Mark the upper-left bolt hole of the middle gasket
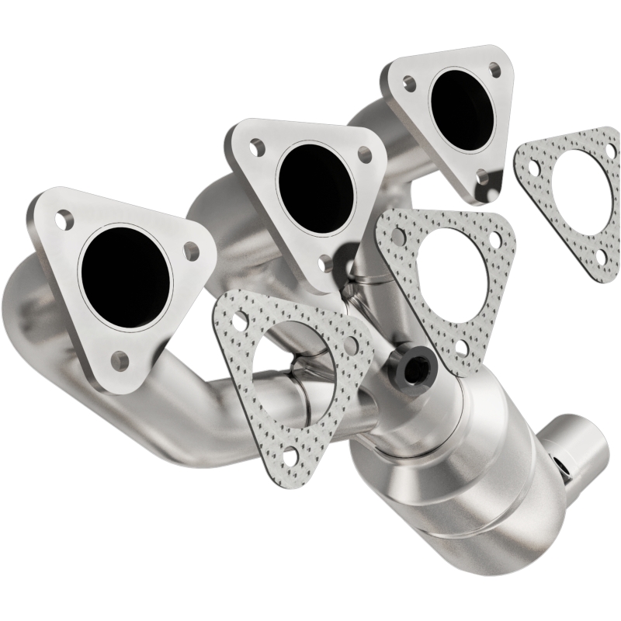[x=399, y=232]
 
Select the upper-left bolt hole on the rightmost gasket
[x=533, y=166]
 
